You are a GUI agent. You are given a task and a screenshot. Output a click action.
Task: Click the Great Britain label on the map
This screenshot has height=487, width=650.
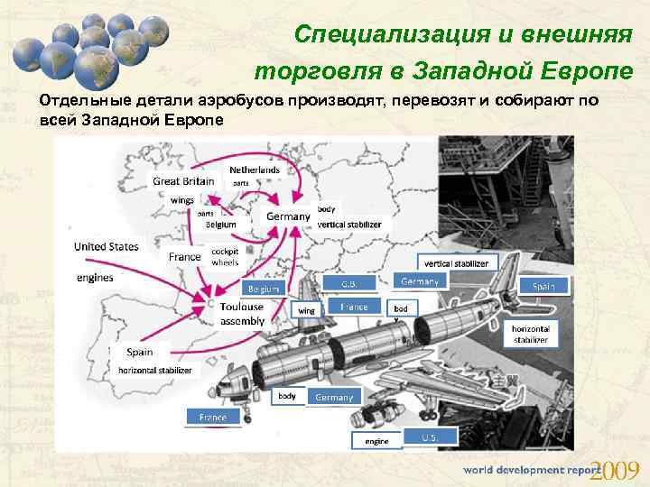tap(183, 181)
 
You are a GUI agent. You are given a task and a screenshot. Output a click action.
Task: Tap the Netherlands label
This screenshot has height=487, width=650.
tap(255, 170)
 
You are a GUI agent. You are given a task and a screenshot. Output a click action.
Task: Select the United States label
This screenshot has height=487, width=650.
tap(106, 246)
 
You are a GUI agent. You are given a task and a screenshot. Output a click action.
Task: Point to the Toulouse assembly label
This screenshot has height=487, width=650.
tap(242, 313)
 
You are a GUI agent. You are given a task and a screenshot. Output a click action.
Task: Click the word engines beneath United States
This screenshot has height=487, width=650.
tap(95, 278)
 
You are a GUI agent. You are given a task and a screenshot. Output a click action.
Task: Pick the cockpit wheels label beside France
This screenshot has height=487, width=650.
tap(225, 257)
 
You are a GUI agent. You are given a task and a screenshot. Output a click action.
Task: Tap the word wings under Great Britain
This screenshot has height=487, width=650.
tap(182, 199)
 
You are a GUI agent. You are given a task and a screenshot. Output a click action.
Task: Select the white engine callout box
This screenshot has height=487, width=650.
tap(376, 441)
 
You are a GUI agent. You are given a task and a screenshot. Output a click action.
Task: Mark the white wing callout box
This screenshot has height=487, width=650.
tap(307, 310)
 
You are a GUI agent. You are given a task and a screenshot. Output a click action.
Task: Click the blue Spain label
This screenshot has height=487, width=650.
tap(543, 286)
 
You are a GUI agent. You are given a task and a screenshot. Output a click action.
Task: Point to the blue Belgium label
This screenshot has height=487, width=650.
tap(264, 289)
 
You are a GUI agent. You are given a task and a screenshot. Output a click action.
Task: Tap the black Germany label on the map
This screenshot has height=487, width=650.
tap(287, 216)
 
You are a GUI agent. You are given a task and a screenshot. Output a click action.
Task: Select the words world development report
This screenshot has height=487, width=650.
tap(531, 471)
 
